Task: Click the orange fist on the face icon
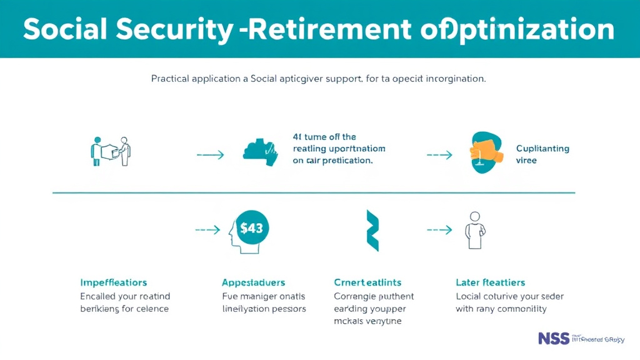point(484,150)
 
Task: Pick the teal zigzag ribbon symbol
point(372,230)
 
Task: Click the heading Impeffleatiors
point(114,282)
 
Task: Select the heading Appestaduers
point(253,282)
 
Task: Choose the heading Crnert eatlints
point(367,282)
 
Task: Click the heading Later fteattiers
point(491,282)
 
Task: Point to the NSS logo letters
point(554,338)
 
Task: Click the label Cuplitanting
point(542,149)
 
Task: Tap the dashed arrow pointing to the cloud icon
point(210,154)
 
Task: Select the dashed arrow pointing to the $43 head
point(207,230)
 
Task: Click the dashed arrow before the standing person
point(440,230)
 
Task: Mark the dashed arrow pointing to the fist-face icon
point(440,154)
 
